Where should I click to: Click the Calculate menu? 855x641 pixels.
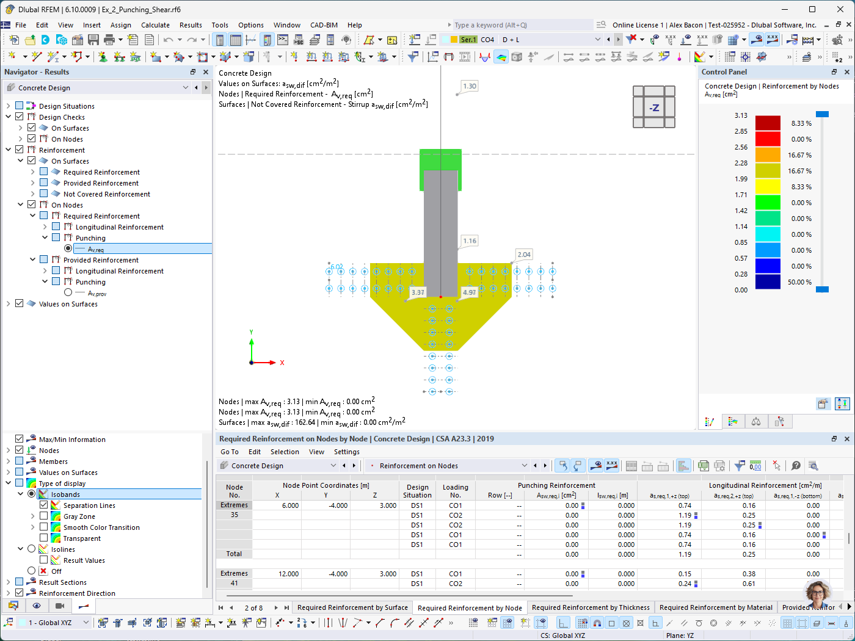click(155, 25)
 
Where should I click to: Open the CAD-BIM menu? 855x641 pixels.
click(324, 25)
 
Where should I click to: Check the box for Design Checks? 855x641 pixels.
click(20, 117)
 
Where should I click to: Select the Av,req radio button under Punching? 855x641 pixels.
click(68, 248)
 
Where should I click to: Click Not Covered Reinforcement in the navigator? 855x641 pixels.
click(106, 194)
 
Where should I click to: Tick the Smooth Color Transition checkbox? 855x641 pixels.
click(44, 527)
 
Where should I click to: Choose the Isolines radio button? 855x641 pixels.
click(32, 549)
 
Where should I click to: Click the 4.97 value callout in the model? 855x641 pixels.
click(469, 292)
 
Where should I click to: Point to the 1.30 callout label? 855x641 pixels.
click(469, 86)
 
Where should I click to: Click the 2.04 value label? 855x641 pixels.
click(524, 255)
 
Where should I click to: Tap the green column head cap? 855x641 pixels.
click(440, 159)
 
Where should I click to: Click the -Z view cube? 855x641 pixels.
click(653, 107)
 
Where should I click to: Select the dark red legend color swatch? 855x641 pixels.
click(768, 123)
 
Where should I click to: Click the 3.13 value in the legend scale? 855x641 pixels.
click(741, 115)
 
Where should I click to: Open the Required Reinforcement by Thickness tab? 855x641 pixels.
click(591, 607)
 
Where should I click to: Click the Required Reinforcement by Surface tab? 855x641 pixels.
click(352, 607)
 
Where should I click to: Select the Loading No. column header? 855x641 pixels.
click(455, 491)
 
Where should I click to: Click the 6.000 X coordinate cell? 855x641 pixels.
click(290, 505)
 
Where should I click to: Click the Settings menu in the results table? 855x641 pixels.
click(346, 452)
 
